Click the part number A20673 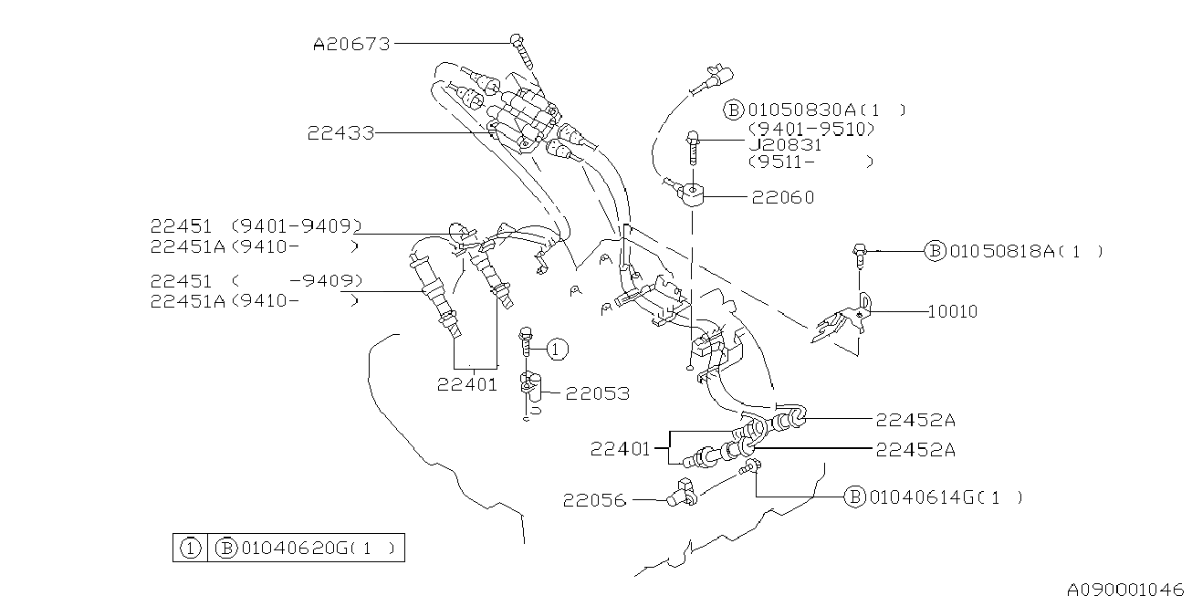pyautogui.click(x=351, y=43)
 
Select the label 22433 pyautogui.click(x=340, y=133)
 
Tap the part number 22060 pyautogui.click(x=783, y=197)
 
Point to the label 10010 pyautogui.click(x=952, y=311)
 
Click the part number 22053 pyautogui.click(x=597, y=393)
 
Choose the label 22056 pyautogui.click(x=594, y=500)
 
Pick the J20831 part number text pyautogui.click(x=785, y=144)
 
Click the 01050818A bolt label pyautogui.click(x=1002, y=251)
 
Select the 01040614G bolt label pyautogui.click(x=922, y=497)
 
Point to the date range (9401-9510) pyautogui.click(x=811, y=129)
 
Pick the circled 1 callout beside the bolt pyautogui.click(x=559, y=348)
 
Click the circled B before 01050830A pyautogui.click(x=734, y=110)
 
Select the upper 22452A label pyautogui.click(x=915, y=420)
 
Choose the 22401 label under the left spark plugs pyautogui.click(x=467, y=384)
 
